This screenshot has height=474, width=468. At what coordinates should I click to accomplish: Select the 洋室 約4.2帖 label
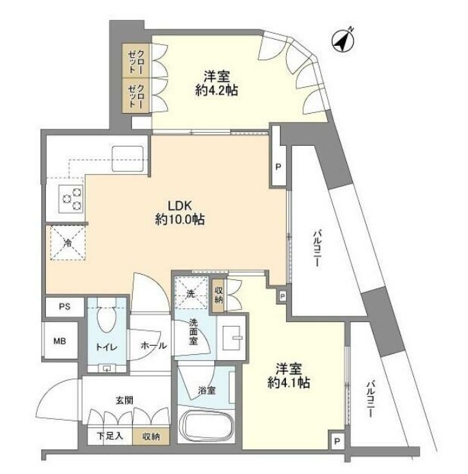click(216, 83)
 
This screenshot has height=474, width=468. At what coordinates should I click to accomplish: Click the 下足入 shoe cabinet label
click(107, 436)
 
